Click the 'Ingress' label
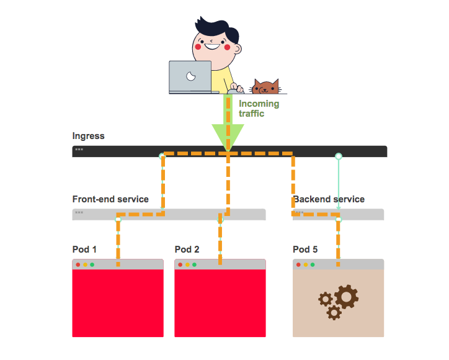88,137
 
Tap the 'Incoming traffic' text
259,109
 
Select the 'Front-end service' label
110,199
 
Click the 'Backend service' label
329,199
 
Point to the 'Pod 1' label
84,250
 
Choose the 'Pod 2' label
187,250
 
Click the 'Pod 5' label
305,250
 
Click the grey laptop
190,76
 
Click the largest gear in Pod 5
346,297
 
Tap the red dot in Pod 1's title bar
78,265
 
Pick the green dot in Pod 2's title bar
194,265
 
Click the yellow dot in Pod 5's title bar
305,265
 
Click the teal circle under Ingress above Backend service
339,156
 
